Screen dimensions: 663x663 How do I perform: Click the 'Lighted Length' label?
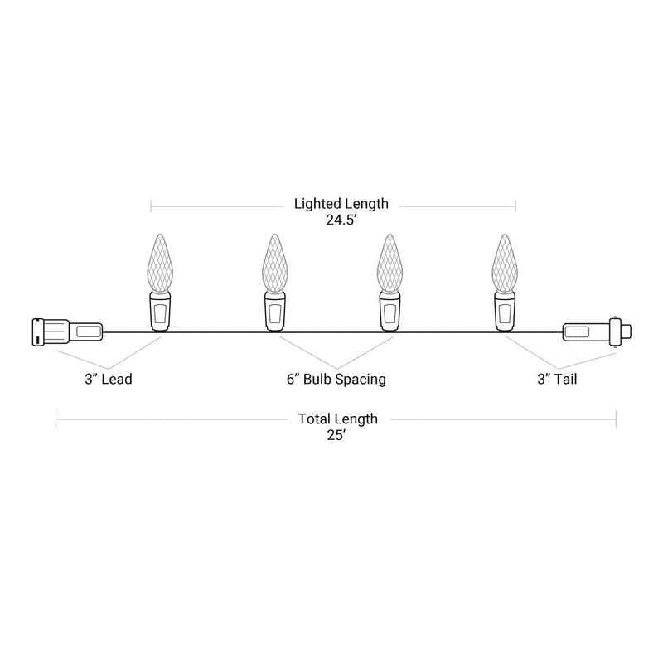[341, 204]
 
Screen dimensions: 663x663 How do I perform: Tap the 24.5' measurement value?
[341, 220]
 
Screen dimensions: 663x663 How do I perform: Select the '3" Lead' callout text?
[109, 379]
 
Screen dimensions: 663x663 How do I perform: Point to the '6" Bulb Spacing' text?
[336, 379]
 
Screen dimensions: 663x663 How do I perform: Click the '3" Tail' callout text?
[557, 379]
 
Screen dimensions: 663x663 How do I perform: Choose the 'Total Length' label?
[338, 419]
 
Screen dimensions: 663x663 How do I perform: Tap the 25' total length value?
[336, 434]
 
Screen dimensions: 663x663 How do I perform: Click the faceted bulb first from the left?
[160, 263]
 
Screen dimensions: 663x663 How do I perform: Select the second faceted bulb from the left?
[275, 263]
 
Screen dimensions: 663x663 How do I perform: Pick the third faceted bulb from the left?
[390, 263]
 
